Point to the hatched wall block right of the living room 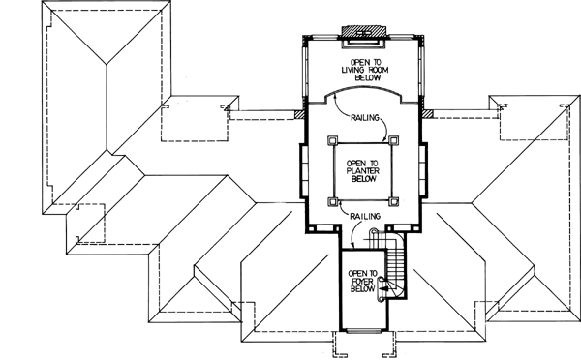coord(427,119)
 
